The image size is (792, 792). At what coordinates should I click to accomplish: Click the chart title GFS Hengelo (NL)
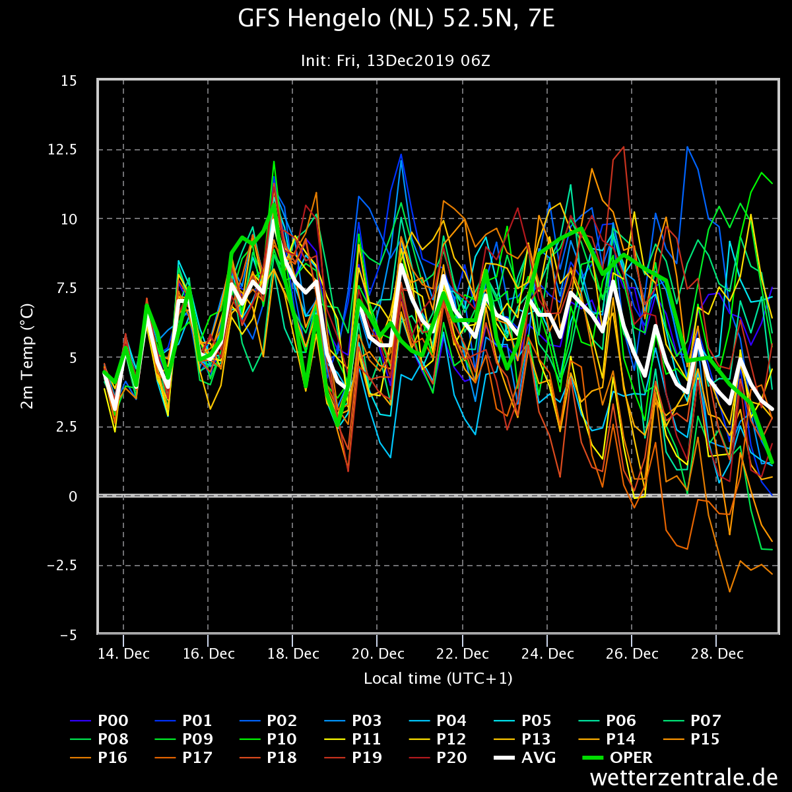(336, 19)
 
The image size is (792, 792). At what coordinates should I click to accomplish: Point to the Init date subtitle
(395, 61)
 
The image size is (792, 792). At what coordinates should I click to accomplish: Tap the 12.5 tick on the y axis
(63, 150)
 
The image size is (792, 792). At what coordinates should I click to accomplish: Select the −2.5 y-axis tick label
(63, 566)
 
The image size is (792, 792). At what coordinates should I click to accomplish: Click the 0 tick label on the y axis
(73, 496)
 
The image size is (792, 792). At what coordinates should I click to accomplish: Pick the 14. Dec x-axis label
(123, 653)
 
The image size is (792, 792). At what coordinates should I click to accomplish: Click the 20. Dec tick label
(378, 653)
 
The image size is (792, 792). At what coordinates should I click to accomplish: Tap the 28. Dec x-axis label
(717, 653)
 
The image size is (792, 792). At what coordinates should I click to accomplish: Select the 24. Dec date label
(547, 653)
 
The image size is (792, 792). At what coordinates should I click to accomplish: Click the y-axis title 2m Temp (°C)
(27, 356)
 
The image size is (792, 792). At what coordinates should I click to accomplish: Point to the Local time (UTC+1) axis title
(438, 678)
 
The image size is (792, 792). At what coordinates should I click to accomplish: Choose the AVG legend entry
(525, 757)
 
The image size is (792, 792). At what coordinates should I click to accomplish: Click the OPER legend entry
(617, 757)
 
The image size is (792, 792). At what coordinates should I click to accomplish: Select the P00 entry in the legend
(99, 720)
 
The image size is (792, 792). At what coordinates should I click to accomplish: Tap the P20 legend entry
(438, 757)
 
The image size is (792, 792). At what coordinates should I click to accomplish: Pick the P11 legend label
(353, 739)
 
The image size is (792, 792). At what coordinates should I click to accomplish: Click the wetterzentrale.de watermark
(684, 777)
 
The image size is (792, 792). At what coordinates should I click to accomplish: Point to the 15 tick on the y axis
(69, 81)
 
